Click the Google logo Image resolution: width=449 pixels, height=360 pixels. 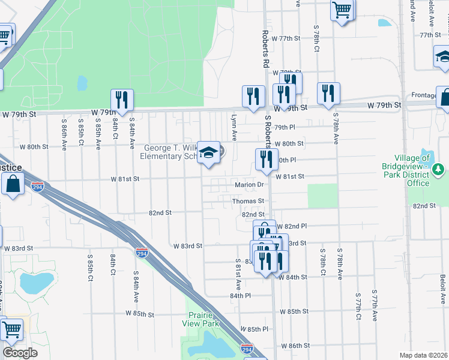(20, 353)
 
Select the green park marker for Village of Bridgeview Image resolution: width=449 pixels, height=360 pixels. (439, 168)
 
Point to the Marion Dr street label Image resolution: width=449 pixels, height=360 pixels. (249, 185)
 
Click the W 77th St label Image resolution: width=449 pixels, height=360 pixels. (285, 38)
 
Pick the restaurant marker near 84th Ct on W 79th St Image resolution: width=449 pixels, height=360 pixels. (122, 100)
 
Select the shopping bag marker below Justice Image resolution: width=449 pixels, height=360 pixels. (13, 183)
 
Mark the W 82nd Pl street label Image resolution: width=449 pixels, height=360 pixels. (292, 226)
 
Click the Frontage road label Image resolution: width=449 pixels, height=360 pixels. (424, 95)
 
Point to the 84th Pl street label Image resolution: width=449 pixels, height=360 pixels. (240, 296)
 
